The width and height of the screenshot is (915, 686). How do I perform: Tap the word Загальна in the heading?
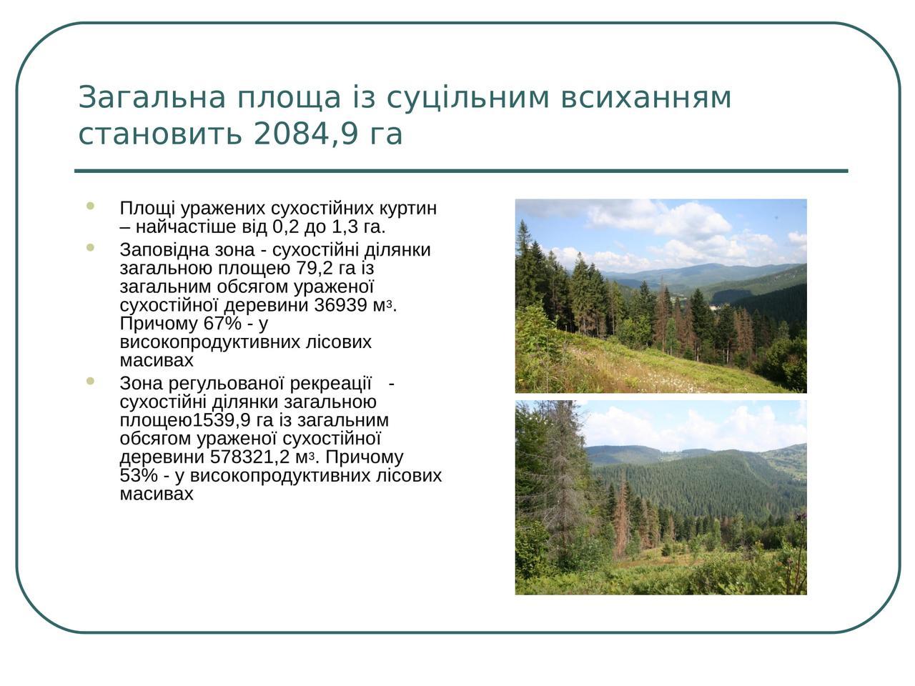(x=152, y=97)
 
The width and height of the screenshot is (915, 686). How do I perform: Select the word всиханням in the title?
(x=646, y=97)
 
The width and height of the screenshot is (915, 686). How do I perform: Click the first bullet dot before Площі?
(x=91, y=205)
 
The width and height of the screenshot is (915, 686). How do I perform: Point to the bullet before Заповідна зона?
(x=91, y=247)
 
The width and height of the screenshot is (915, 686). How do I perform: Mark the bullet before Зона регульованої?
(x=91, y=381)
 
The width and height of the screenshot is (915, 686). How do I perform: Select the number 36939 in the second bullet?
(x=340, y=305)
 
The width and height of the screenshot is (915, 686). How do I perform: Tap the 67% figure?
(x=222, y=323)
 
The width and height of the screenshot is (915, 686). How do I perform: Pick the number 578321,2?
(x=249, y=457)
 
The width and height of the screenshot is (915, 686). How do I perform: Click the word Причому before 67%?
(x=159, y=323)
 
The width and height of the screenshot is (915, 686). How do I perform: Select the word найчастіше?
(x=202, y=227)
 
